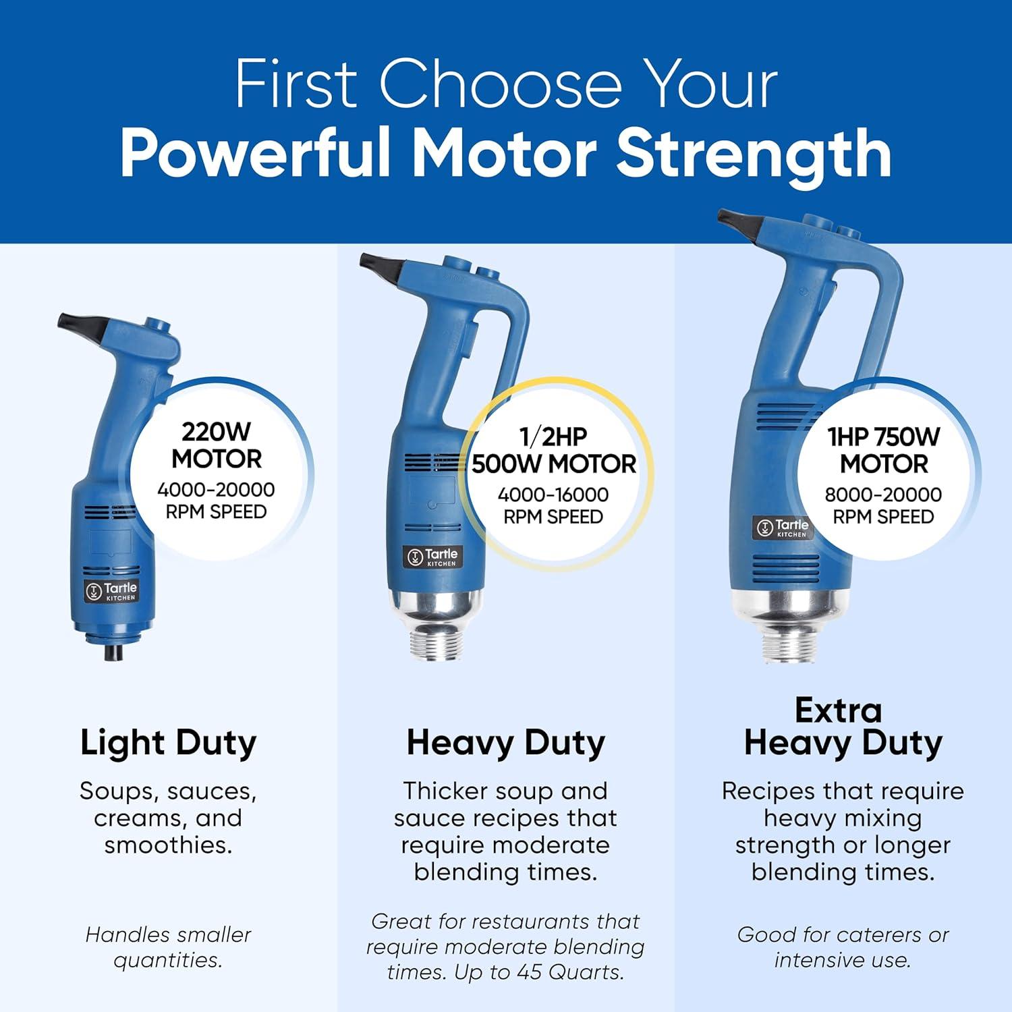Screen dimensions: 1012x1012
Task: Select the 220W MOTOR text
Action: click(x=216, y=445)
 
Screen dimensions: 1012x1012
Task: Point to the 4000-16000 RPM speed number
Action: click(x=553, y=495)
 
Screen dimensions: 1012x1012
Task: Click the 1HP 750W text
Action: click(x=883, y=437)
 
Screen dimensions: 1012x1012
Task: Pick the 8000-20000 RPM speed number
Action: click(x=883, y=495)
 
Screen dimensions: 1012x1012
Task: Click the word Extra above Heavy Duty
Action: click(x=838, y=710)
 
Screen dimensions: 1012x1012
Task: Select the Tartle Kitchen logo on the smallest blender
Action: click(x=111, y=591)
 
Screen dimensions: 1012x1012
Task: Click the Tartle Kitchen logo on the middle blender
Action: click(x=430, y=557)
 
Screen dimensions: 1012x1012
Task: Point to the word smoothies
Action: click(x=168, y=845)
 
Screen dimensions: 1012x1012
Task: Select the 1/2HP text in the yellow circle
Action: click(x=553, y=437)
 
